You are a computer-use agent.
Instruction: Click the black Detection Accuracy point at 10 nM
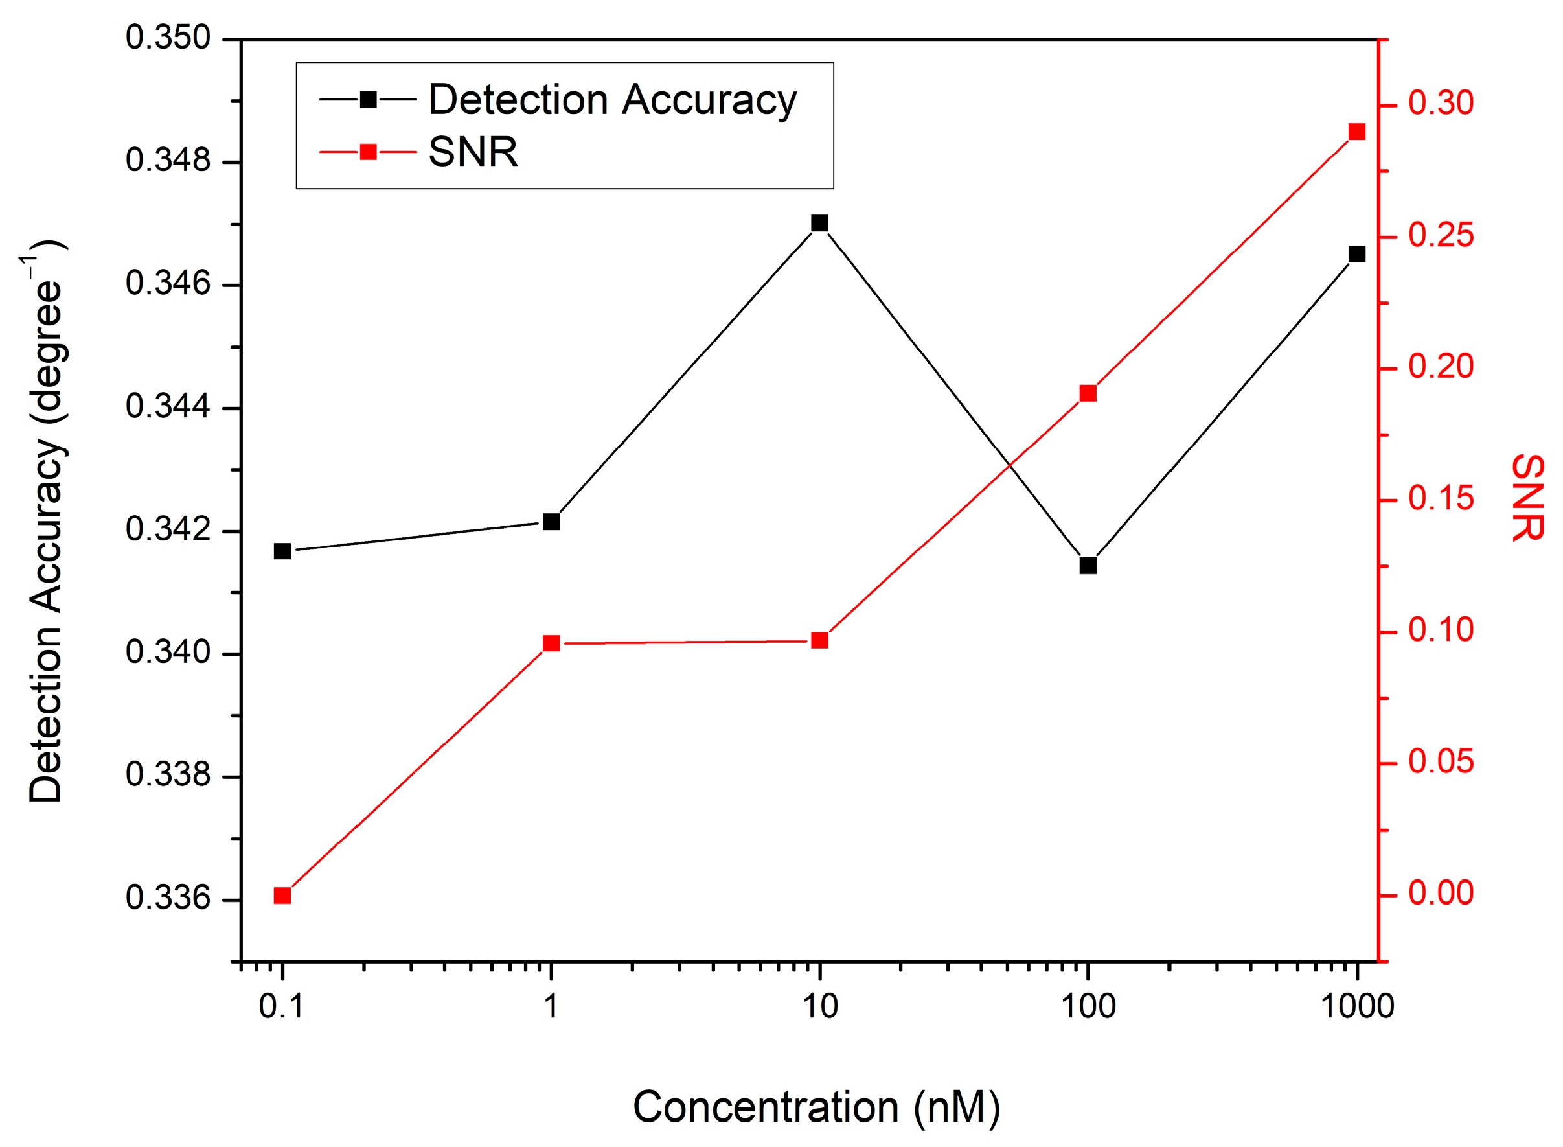(819, 223)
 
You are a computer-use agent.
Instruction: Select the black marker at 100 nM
(1088, 566)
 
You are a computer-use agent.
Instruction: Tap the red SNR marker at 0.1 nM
(282, 896)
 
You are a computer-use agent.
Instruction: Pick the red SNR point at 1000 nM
(1357, 132)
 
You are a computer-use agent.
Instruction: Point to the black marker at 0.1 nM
(282, 551)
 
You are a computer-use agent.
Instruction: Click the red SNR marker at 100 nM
(1088, 394)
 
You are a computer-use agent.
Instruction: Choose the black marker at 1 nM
(551, 522)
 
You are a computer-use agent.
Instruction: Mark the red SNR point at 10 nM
(819, 640)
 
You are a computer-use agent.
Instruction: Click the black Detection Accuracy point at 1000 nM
(1357, 254)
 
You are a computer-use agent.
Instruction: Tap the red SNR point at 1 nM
(551, 643)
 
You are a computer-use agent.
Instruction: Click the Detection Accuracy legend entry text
(612, 100)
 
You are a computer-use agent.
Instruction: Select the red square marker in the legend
(369, 152)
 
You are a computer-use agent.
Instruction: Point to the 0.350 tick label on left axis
(167, 38)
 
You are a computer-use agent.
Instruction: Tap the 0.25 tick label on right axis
(1441, 235)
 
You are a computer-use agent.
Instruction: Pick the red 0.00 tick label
(1441, 893)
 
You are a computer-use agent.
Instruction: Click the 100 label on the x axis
(1088, 1006)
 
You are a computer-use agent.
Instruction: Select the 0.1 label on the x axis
(281, 1006)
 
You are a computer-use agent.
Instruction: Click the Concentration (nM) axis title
(816, 1106)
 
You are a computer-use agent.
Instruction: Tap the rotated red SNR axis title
(1527, 497)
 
